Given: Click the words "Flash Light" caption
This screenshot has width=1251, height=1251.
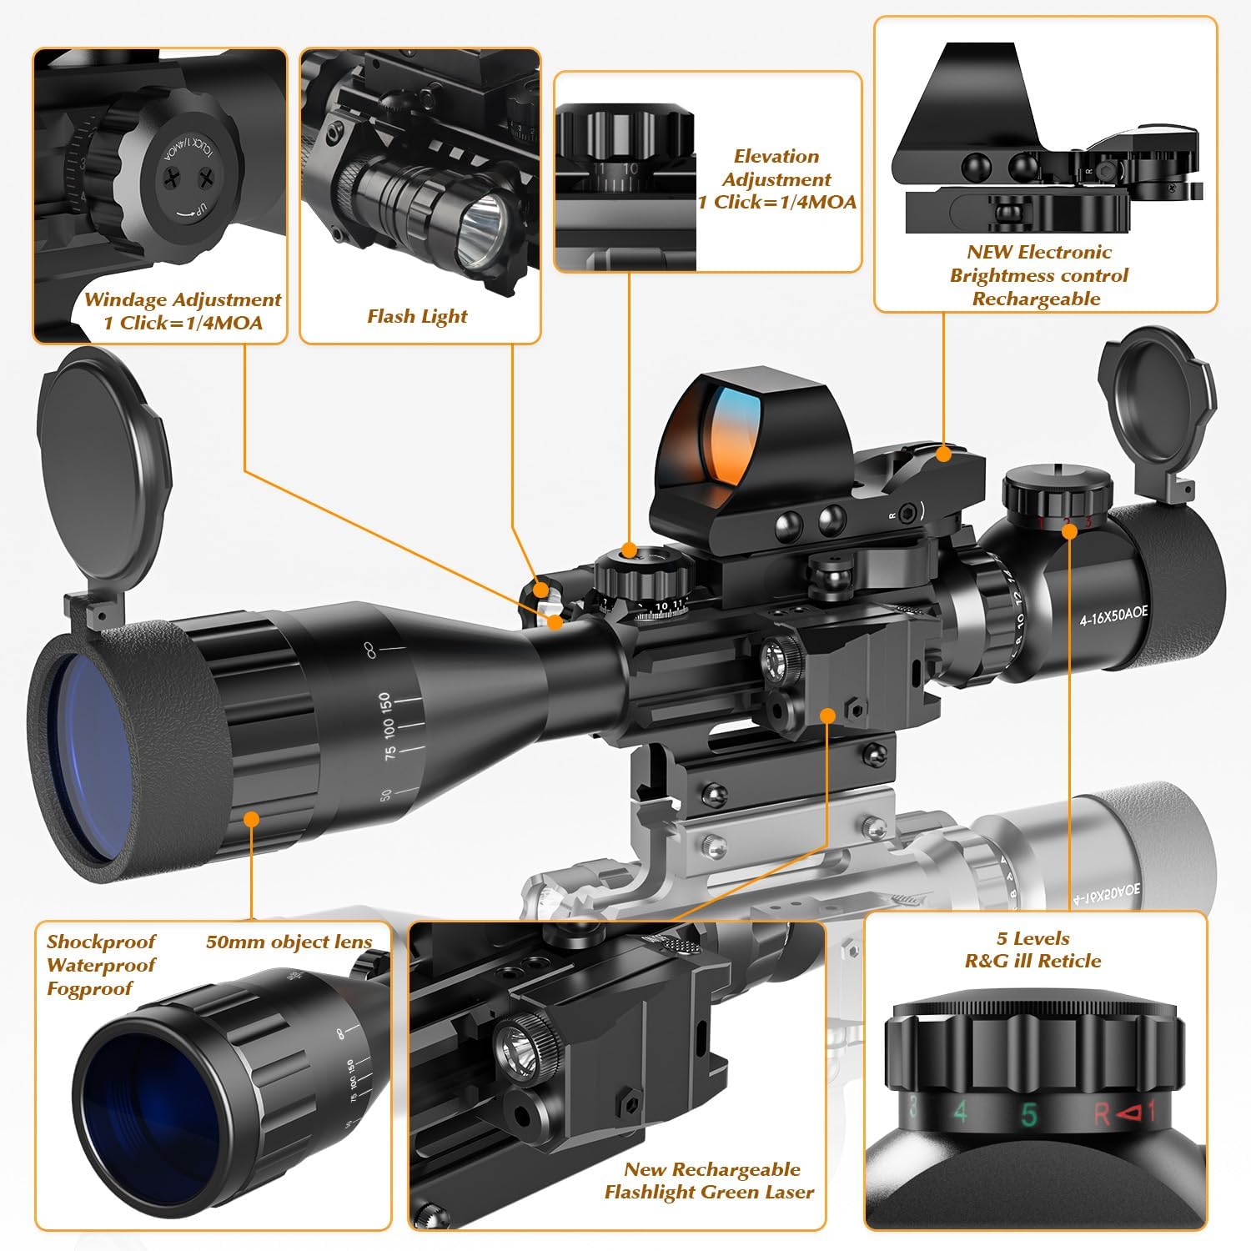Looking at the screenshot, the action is point(417,316).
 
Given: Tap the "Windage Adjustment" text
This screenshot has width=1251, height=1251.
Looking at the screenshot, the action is point(183,299).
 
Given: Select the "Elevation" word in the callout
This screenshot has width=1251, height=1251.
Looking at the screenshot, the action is point(776,156).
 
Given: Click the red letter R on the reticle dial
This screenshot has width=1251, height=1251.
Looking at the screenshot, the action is point(1101,1114).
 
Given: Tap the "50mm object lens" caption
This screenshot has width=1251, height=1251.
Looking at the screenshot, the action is point(289,942).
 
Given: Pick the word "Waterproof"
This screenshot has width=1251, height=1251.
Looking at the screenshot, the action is point(101,965).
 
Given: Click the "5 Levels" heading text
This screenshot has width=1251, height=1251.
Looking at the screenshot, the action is point(1032,938).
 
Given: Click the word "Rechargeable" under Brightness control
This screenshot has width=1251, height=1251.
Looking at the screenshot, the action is point(1036,299).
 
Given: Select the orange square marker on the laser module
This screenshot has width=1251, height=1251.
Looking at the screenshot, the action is point(827,715).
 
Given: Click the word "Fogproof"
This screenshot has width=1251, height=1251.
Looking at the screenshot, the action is point(90,988).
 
